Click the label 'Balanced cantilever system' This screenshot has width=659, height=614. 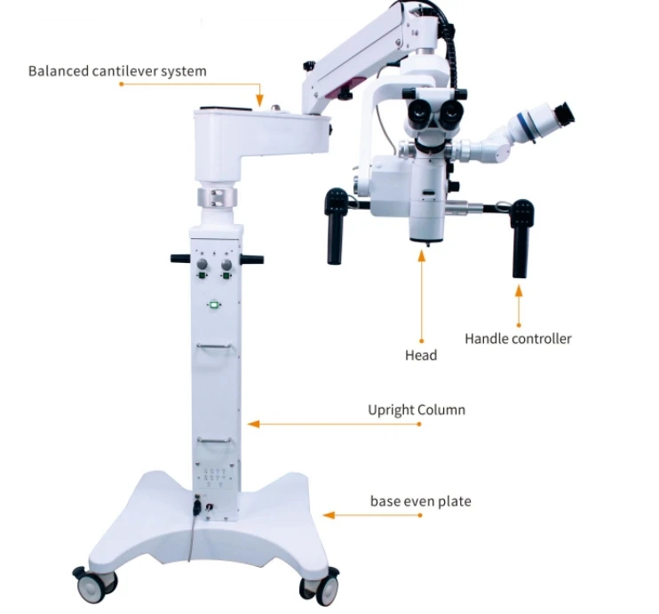(117, 71)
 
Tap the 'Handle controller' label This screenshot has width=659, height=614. (518, 339)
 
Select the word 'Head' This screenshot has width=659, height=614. (421, 355)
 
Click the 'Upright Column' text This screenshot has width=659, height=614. (417, 411)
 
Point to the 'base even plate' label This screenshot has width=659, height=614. (420, 502)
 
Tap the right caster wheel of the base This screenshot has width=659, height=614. (318, 586)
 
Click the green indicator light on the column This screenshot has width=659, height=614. (214, 305)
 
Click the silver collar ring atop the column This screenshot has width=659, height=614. (217, 195)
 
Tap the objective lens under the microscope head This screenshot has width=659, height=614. (425, 233)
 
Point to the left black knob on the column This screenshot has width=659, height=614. (202, 264)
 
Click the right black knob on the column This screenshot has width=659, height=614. (226, 264)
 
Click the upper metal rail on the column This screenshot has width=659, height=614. (217, 347)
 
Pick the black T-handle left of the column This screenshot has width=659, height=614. (179, 259)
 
